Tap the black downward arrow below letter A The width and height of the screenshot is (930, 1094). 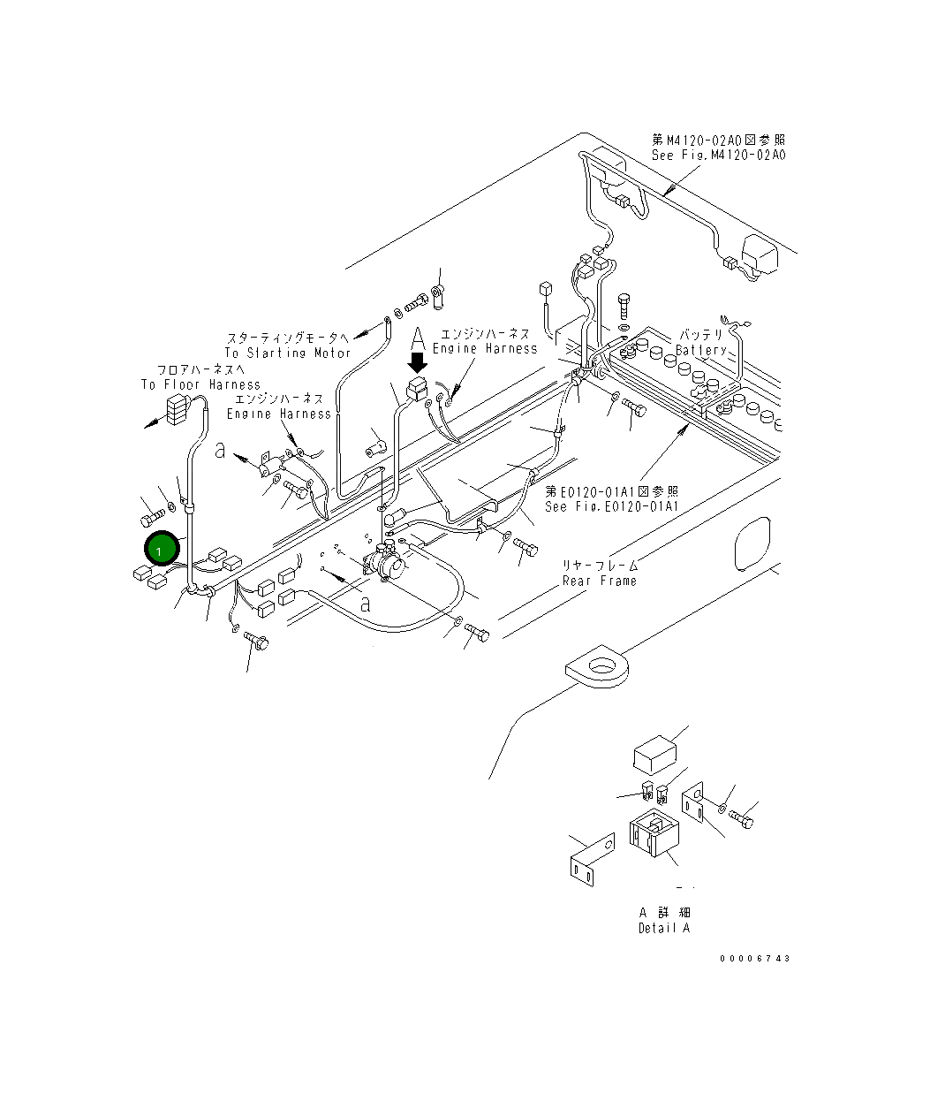tap(418, 361)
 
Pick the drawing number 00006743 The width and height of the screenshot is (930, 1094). tap(754, 959)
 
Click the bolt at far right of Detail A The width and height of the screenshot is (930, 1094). tap(744, 820)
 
